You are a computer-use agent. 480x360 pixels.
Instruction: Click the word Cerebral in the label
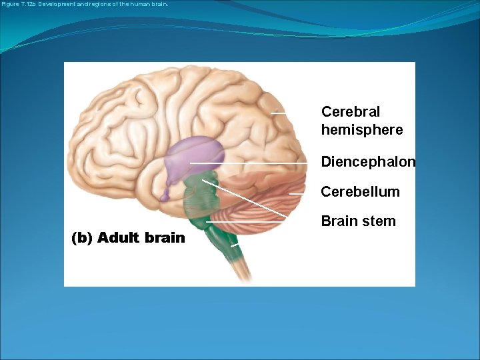click(351, 111)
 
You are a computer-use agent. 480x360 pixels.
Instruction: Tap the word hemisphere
click(362, 130)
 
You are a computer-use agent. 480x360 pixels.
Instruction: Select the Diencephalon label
click(368, 162)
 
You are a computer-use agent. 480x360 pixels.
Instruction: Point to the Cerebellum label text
click(360, 192)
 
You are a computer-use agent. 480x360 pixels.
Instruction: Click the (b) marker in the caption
click(82, 238)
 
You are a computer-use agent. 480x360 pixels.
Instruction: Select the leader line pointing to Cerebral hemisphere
click(279, 113)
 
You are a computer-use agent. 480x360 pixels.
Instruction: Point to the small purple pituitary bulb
click(164, 195)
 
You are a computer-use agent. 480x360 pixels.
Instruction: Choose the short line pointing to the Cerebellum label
click(297, 193)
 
